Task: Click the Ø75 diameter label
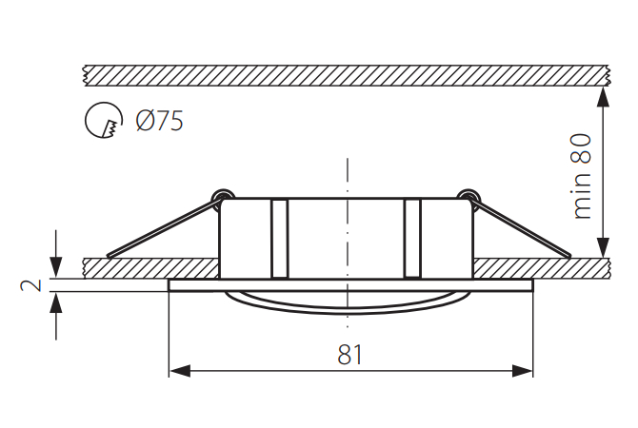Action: point(159,122)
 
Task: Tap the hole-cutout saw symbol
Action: point(104,122)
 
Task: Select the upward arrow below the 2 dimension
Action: point(58,303)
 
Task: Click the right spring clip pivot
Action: point(466,197)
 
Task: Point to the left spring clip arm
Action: point(162,229)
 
